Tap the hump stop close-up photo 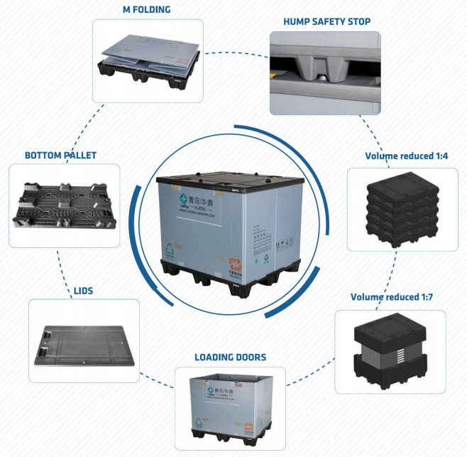[x=324, y=73]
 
